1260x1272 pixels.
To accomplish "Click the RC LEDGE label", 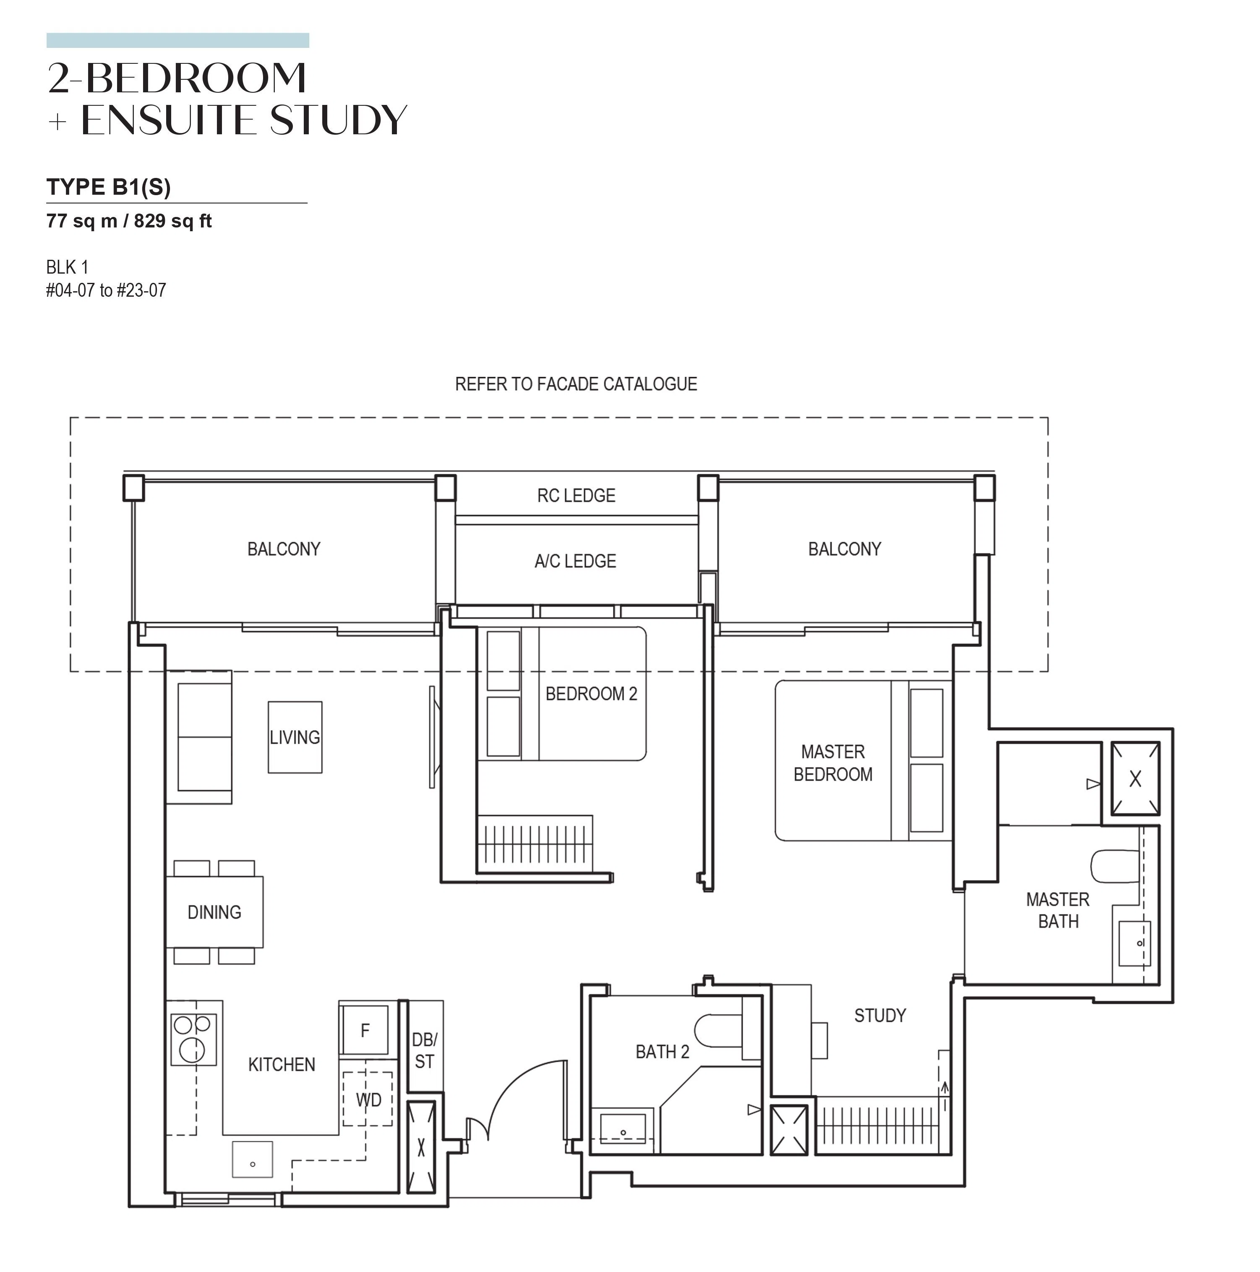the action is pos(576,496).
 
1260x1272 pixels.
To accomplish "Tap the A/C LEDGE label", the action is pos(575,562).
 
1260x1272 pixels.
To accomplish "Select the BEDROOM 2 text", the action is pos(591,694).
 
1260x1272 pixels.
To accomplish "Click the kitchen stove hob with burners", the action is pos(193,1040).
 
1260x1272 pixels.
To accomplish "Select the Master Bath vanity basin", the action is pos(1134,943).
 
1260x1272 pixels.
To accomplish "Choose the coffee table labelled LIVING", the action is pos(295,737).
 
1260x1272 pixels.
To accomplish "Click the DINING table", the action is pos(214,912).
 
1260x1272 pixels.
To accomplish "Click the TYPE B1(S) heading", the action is pos(109,188).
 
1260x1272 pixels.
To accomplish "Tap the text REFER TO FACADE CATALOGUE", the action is pos(576,384).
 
